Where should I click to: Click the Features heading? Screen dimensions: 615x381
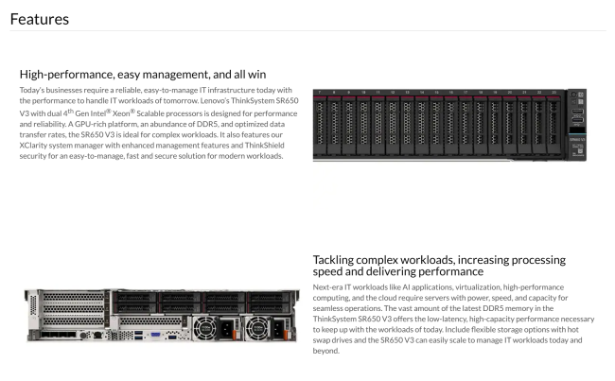point(40,19)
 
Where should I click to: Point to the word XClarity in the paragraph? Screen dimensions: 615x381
point(33,146)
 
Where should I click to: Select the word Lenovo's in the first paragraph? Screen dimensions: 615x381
point(215,101)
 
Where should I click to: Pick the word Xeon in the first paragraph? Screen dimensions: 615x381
point(121,113)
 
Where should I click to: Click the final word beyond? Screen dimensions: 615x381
point(325,351)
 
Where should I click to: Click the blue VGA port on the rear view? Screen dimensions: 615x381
point(156,335)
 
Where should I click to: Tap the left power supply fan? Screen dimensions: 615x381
point(204,328)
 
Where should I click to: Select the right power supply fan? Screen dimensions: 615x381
point(257,328)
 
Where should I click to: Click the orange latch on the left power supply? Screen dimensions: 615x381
point(235,335)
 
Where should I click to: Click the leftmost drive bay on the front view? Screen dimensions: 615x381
point(320,125)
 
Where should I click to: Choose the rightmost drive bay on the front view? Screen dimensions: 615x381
point(553,125)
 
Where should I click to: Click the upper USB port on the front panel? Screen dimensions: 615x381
point(577,112)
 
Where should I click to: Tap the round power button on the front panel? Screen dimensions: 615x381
point(574,95)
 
